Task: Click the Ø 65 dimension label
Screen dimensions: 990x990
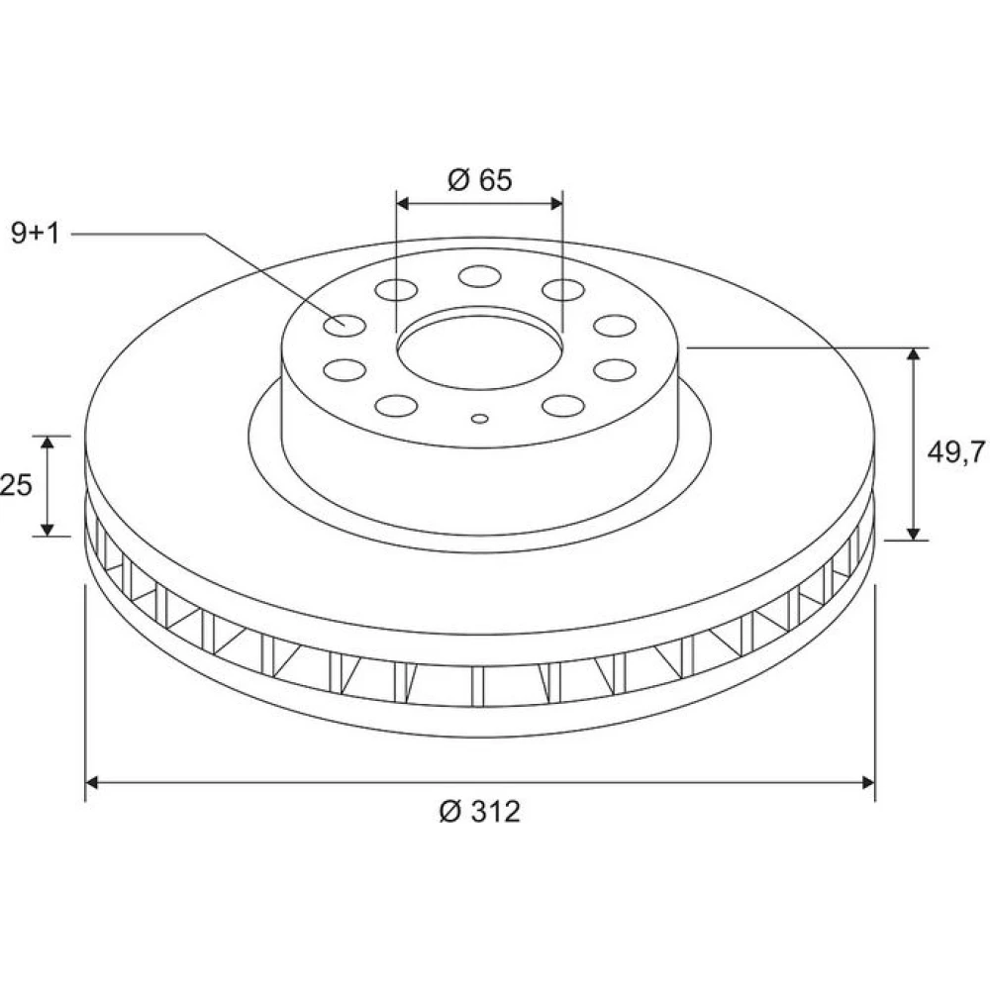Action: click(x=480, y=180)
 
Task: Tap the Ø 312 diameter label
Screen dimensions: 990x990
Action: click(x=480, y=812)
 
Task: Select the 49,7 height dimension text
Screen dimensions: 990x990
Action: click(x=956, y=452)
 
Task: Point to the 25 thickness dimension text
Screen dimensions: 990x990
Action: click(x=16, y=485)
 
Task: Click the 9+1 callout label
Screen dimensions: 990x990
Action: click(x=36, y=234)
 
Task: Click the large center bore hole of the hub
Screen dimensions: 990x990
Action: click(x=480, y=351)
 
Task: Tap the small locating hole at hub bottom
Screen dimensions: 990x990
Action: click(x=480, y=418)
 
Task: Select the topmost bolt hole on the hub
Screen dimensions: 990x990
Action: click(x=480, y=276)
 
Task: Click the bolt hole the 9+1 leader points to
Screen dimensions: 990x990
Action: click(x=345, y=325)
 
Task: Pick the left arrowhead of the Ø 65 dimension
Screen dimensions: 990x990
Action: click(x=403, y=203)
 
